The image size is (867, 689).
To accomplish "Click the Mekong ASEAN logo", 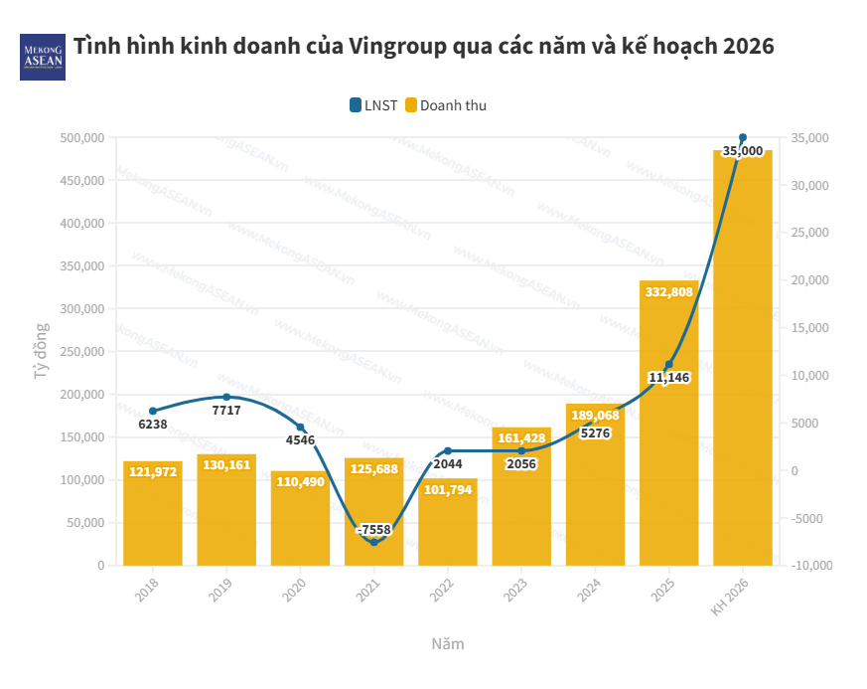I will coord(42,56).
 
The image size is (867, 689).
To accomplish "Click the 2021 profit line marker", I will coord(374,542).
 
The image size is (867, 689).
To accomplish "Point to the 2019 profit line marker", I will coord(226,397).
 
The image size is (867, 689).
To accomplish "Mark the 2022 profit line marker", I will coord(448,451).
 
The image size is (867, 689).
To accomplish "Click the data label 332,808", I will coord(669,292).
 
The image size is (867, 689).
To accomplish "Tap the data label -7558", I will coord(374,530).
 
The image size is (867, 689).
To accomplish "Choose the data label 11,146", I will coord(669,378).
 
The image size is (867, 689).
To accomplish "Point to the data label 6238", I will coord(153,424).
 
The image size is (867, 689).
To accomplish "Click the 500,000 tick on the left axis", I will coord(83,138).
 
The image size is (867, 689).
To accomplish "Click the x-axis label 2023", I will coord(515,594).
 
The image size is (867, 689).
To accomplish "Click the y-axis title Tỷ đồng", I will coord(41,351).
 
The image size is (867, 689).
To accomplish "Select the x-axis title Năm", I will coord(447,643).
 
